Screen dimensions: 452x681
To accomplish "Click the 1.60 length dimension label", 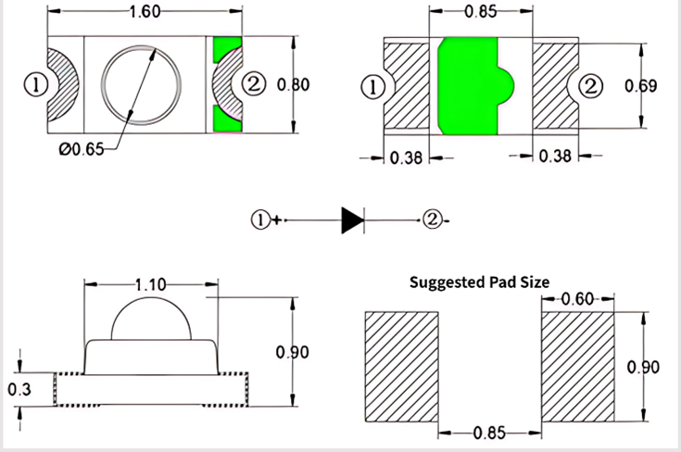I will (146, 12).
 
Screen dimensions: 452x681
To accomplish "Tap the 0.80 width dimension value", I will (293, 85).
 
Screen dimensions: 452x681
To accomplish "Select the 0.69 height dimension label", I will (641, 86).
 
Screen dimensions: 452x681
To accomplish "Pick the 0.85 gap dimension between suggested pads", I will (489, 433).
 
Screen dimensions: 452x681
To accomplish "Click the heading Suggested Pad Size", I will (479, 282).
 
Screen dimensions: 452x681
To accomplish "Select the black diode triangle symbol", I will (352, 220).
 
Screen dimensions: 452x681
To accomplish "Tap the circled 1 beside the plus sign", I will (260, 220).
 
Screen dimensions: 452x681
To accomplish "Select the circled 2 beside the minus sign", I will (431, 220).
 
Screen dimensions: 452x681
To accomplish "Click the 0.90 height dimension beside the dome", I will (293, 352).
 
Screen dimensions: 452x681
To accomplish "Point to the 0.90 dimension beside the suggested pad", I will (643, 367).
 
